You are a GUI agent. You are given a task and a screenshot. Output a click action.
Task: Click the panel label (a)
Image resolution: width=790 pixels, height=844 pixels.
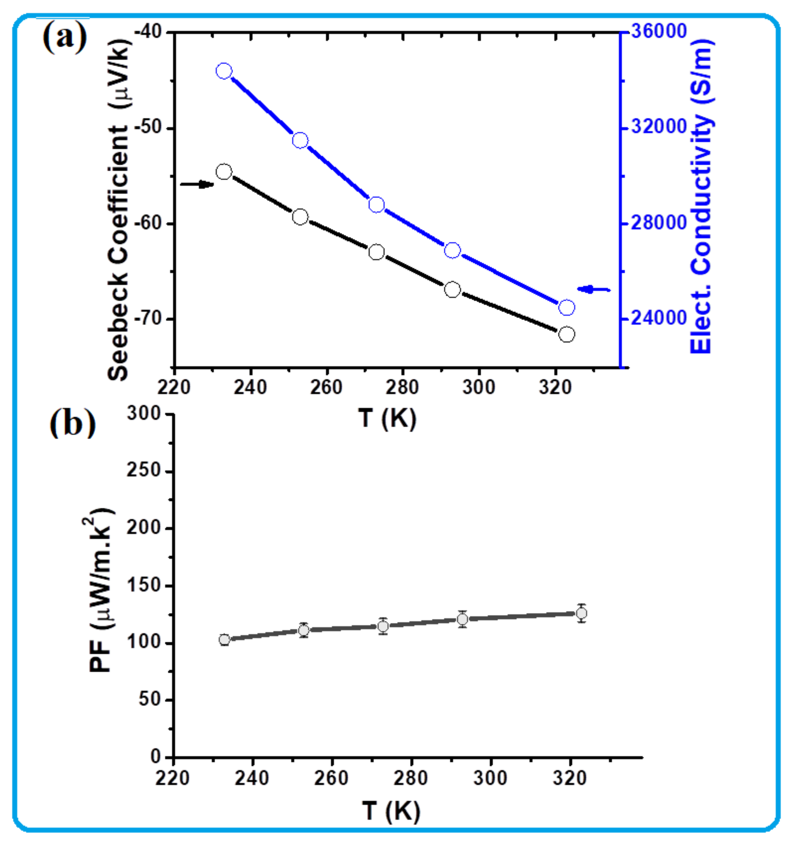click(x=65, y=38)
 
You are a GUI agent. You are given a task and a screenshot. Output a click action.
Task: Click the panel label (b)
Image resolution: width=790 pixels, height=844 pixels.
click(x=72, y=424)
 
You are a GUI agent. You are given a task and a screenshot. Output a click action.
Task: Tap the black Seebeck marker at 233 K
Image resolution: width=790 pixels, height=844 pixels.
click(x=224, y=172)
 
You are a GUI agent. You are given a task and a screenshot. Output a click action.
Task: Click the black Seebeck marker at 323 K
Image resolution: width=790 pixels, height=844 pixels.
click(x=566, y=334)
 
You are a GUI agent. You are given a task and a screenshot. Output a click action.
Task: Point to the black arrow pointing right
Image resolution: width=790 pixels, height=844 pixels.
click(x=197, y=184)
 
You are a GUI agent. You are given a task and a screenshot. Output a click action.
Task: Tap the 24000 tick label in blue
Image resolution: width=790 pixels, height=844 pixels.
click(x=658, y=318)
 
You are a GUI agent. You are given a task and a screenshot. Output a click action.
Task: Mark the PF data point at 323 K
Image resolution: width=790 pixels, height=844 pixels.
click(x=581, y=613)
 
